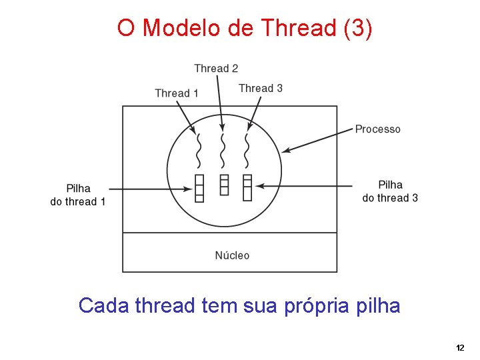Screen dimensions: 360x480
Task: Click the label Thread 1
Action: (x=176, y=93)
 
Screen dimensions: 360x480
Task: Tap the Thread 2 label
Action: (x=216, y=68)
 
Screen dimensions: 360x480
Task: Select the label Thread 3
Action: (x=260, y=88)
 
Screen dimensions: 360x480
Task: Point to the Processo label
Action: (x=377, y=129)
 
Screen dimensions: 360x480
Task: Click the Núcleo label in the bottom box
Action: (x=232, y=255)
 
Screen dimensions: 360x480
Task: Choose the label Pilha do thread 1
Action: (x=78, y=195)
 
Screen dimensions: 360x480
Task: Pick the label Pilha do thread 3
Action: (x=390, y=191)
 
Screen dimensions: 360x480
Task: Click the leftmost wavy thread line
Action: (x=198, y=150)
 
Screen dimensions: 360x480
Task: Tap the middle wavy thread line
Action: (x=223, y=150)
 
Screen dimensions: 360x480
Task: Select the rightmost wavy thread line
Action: (x=247, y=150)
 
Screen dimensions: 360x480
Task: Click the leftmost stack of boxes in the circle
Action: (x=199, y=187)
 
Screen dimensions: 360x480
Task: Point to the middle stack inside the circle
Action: (x=224, y=185)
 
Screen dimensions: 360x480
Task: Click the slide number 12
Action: (x=459, y=348)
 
